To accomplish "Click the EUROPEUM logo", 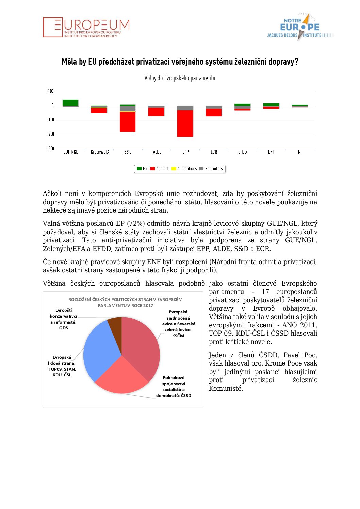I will point(86,27).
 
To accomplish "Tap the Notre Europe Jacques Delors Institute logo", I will point(299,27).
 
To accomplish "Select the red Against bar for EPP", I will point(185,123).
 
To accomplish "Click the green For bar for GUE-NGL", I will point(70,102).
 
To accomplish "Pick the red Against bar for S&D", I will point(128,121).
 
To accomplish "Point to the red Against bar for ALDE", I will point(157,112).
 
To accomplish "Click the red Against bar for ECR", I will point(214,112).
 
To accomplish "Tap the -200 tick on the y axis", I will point(51,134).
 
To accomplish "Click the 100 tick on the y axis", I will point(51,91).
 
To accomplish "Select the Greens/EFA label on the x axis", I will point(100,152).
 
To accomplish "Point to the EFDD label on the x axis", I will point(243,152).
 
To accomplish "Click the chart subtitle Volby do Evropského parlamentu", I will point(180,78).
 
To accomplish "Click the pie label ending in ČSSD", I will point(174,387).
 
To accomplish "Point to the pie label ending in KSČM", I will point(178,324).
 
